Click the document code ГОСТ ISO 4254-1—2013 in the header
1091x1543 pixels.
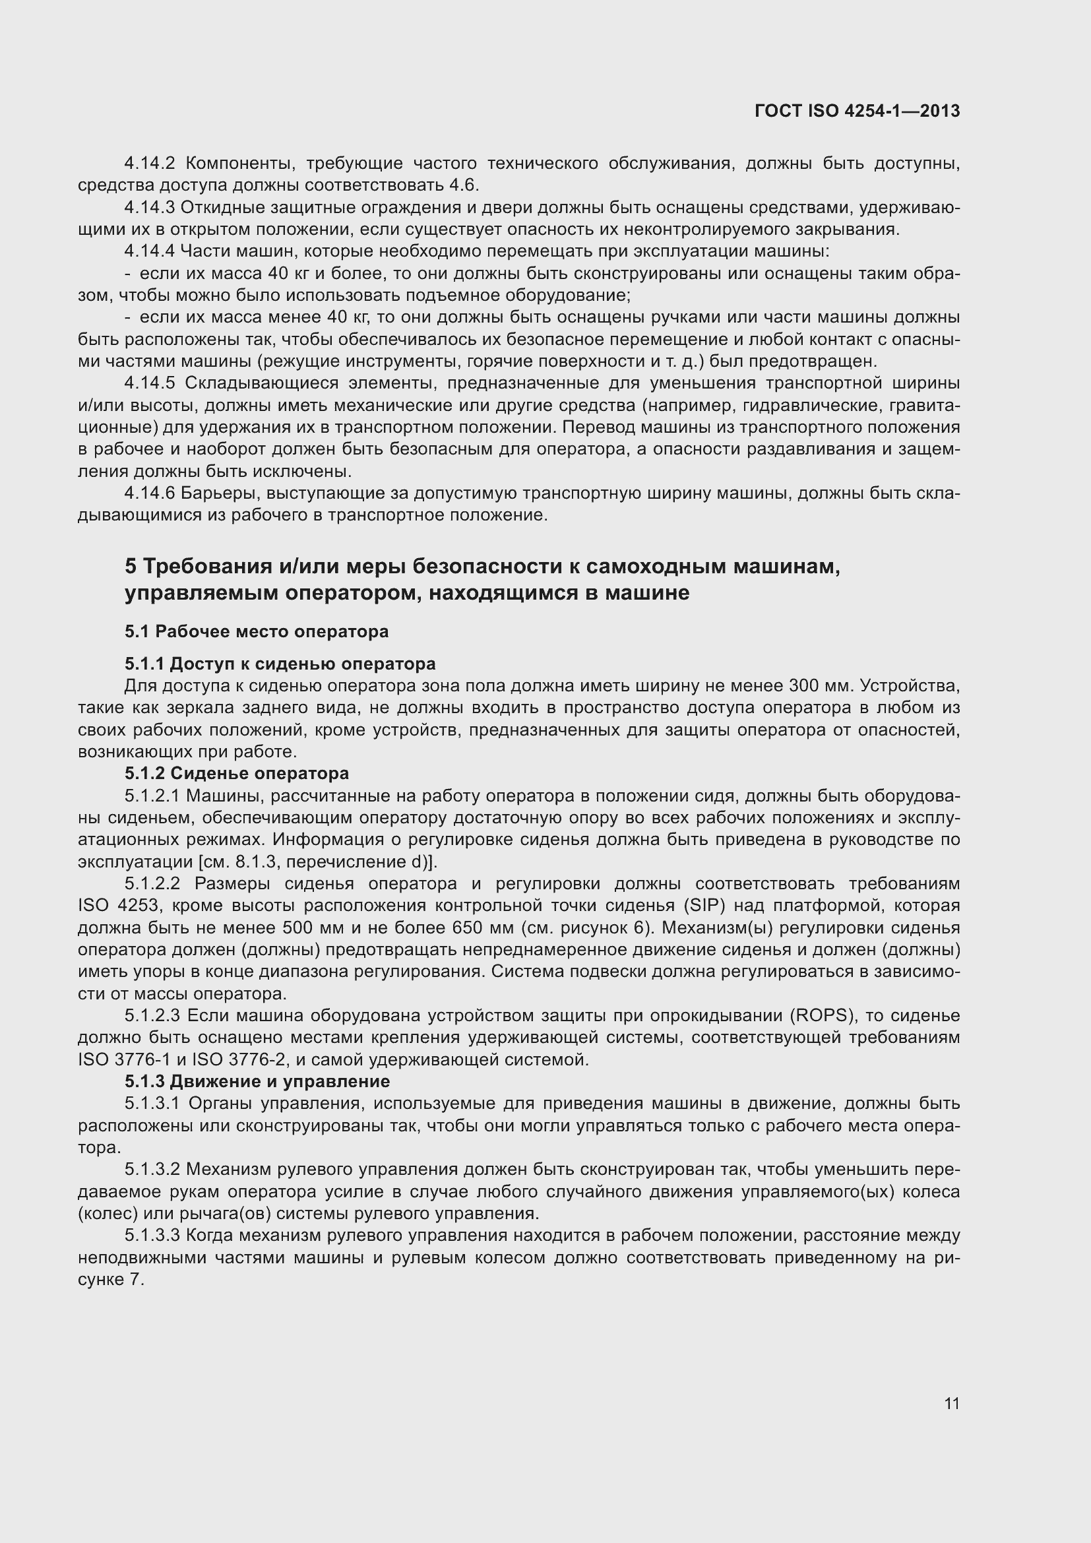pyautogui.click(x=857, y=111)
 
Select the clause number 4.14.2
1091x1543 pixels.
pyautogui.click(x=149, y=164)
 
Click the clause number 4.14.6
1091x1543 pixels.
pyautogui.click(x=149, y=493)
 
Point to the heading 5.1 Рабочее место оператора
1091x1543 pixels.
pyautogui.click(x=257, y=632)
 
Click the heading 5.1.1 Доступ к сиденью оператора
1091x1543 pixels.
pyautogui.click(x=280, y=664)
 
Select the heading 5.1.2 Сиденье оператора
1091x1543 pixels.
pyautogui.click(x=237, y=774)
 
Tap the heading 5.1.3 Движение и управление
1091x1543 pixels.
pyautogui.click(x=257, y=1081)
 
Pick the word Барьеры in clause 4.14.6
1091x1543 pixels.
pyautogui.click(x=221, y=493)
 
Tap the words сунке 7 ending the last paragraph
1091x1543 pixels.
pyautogui.click(x=111, y=1280)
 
